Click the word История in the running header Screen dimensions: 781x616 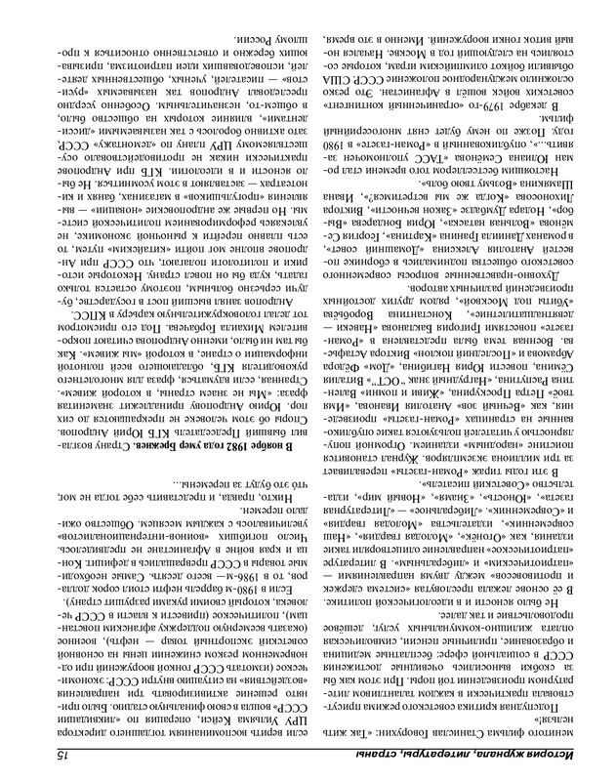[562, 758]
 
